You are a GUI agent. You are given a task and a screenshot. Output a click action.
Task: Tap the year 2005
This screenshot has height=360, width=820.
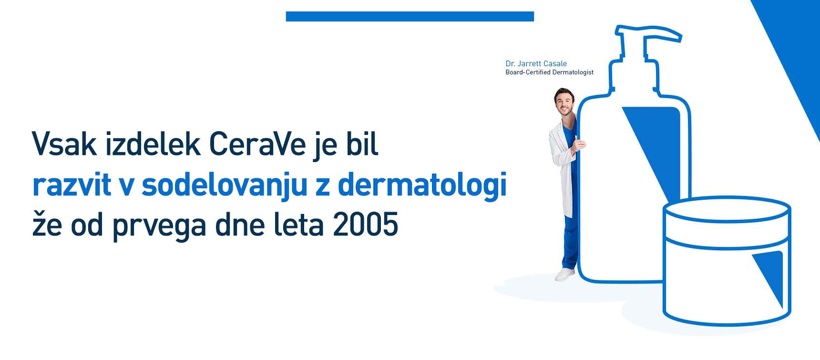pyautogui.click(x=366, y=225)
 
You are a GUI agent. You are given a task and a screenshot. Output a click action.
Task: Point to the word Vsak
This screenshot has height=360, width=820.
pyautogui.click(x=64, y=144)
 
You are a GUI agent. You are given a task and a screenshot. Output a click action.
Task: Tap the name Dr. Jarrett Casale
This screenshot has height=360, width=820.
pyautogui.click(x=536, y=63)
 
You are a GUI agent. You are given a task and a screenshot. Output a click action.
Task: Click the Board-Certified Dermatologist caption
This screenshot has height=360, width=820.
pyautogui.click(x=550, y=72)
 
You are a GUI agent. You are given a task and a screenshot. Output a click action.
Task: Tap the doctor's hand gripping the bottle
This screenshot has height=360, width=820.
pyautogui.click(x=579, y=142)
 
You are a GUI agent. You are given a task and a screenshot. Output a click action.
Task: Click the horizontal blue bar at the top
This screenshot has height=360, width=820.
pyautogui.click(x=410, y=17)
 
